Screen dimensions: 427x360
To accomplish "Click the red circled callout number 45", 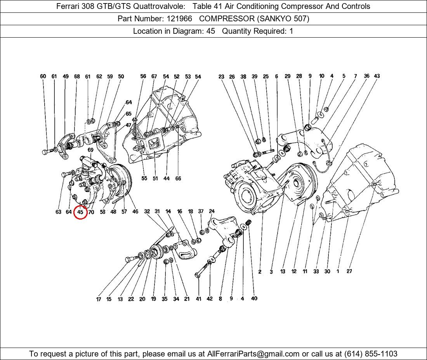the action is click(80, 212).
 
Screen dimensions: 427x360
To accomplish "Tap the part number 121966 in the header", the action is click(179, 19).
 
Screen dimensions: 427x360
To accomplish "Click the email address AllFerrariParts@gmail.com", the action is click(253, 354).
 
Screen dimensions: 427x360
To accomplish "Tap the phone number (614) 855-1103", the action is click(371, 354).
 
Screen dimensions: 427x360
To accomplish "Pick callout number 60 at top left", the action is click(43, 76).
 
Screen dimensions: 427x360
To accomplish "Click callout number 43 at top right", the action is click(377, 76).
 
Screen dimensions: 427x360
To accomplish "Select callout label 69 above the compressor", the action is click(90, 150).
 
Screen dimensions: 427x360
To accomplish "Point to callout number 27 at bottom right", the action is click(349, 271).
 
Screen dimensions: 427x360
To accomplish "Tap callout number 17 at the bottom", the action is click(99, 299).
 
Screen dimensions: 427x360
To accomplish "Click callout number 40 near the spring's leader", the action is click(254, 298).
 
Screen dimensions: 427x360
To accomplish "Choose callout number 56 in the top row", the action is click(143, 76).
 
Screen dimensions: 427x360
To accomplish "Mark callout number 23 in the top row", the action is click(221, 77).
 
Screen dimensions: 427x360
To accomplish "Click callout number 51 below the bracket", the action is click(155, 178).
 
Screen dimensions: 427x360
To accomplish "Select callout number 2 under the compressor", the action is click(260, 272).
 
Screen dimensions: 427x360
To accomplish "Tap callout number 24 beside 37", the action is click(212, 211).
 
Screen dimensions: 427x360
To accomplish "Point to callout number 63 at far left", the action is click(58, 212).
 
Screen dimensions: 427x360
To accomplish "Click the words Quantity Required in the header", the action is click(254, 31).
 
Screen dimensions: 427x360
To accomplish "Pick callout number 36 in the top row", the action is click(366, 76).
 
